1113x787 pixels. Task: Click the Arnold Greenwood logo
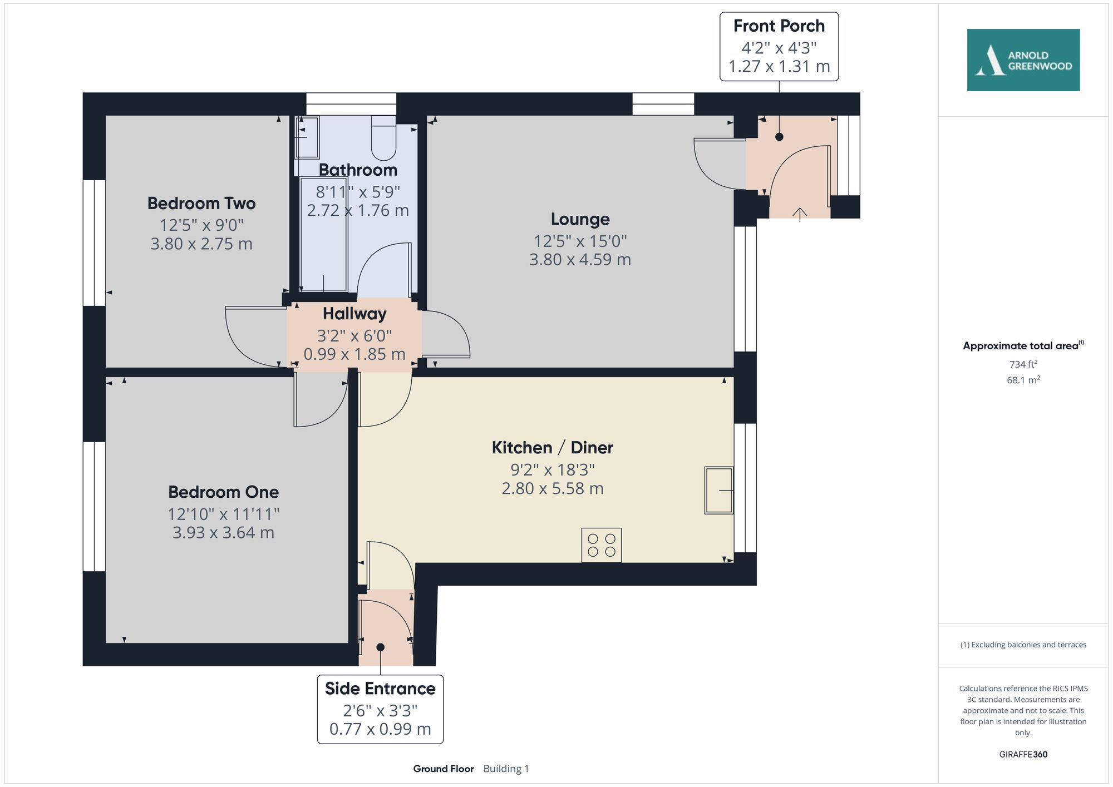tap(1023, 60)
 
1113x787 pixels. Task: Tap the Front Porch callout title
tap(779, 26)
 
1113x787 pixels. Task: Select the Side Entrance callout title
tap(380, 689)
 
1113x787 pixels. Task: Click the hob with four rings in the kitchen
tap(602, 545)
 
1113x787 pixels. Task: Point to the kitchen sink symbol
tap(718, 490)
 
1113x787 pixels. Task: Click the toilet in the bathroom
tap(383, 139)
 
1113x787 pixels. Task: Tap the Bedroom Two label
tap(201, 204)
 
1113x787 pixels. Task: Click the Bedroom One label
tap(223, 492)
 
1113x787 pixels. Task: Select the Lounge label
tap(580, 219)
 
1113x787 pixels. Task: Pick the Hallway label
tap(354, 314)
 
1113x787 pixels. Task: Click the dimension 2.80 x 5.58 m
tap(552, 488)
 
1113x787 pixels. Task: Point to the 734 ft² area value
tap(1023, 364)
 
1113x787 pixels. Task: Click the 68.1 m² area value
tap(1023, 380)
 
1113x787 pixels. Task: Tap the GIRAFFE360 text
tap(1023, 755)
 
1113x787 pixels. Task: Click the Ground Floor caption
tap(443, 769)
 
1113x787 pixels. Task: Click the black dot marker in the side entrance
tap(381, 647)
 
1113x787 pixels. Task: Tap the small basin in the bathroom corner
tap(307, 137)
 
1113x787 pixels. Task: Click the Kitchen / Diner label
tap(552, 448)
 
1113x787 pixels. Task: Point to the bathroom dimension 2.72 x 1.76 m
tap(358, 210)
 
